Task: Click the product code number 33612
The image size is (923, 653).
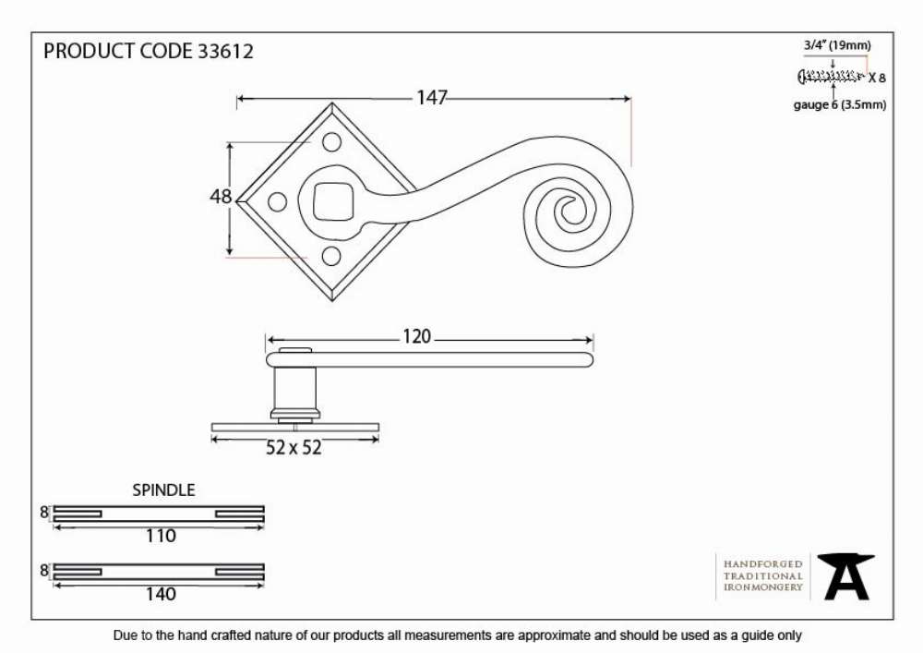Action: (x=225, y=51)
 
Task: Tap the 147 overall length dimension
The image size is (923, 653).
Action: (x=432, y=97)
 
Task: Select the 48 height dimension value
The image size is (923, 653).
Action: (x=221, y=196)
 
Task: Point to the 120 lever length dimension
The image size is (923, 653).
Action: (x=417, y=336)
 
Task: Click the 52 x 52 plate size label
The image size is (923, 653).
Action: (x=294, y=448)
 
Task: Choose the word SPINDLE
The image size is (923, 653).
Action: (x=163, y=490)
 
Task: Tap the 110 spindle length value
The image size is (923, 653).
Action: (x=161, y=536)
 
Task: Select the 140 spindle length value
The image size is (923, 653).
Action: (x=161, y=594)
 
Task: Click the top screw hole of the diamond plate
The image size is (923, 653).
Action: (x=331, y=141)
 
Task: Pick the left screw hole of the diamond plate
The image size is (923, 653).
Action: (x=277, y=202)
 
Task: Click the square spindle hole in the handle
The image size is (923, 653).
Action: (x=332, y=201)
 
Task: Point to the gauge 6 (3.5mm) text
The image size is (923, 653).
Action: (x=839, y=104)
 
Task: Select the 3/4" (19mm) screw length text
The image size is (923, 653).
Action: (x=837, y=45)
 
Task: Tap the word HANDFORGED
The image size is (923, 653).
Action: (x=763, y=564)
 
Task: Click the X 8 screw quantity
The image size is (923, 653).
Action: (x=877, y=78)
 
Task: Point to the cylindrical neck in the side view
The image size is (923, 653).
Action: (x=295, y=389)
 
